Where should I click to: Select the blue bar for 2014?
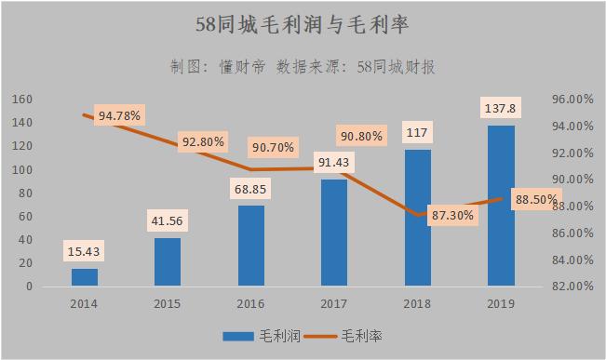point(85,277)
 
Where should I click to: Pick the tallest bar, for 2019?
point(501,206)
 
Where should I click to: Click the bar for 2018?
point(418,218)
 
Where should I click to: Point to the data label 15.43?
point(85,251)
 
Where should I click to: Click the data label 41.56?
point(168,221)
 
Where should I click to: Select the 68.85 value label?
point(251,190)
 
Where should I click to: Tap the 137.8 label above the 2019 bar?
point(501,109)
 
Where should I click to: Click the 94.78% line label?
point(118,116)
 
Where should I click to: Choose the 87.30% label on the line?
point(451,215)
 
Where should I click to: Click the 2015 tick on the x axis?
point(168,303)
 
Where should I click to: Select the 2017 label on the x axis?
point(334,303)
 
